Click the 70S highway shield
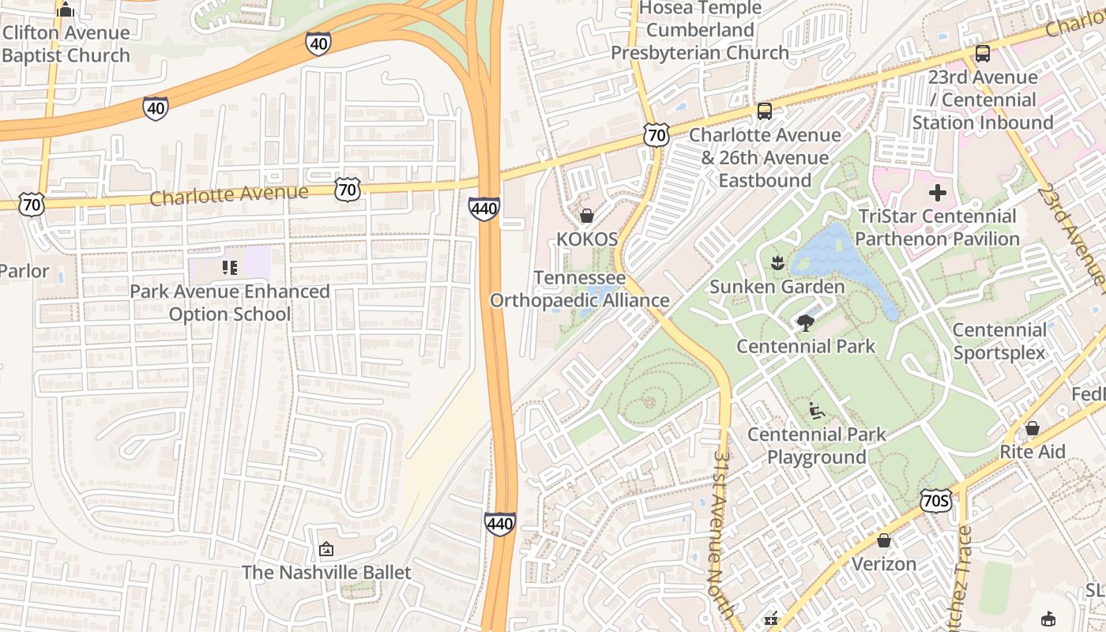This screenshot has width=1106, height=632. click(x=936, y=501)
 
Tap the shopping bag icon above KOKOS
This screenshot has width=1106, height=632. click(x=587, y=216)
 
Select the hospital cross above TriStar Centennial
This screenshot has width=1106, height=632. click(x=938, y=193)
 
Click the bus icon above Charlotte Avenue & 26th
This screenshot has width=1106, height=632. click(x=764, y=111)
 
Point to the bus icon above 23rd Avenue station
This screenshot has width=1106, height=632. click(x=982, y=54)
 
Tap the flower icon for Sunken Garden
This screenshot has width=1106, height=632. click(x=777, y=263)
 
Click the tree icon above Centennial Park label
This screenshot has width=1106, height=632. click(x=806, y=322)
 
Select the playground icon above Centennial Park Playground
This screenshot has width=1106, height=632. click(x=817, y=411)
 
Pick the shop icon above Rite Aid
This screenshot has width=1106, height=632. click(x=1032, y=428)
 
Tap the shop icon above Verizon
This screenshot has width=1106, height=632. click(x=884, y=540)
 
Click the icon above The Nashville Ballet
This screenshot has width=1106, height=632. click(x=325, y=548)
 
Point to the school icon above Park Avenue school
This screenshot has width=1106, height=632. click(x=230, y=268)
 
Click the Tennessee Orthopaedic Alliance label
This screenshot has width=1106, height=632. click(x=580, y=289)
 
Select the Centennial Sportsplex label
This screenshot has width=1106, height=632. click(x=999, y=341)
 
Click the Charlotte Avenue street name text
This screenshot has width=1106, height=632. click(x=228, y=194)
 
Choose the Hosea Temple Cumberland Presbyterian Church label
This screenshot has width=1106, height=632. click(x=700, y=30)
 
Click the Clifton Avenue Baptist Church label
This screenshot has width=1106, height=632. click(x=66, y=44)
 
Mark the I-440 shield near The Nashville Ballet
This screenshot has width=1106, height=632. click(x=500, y=524)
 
